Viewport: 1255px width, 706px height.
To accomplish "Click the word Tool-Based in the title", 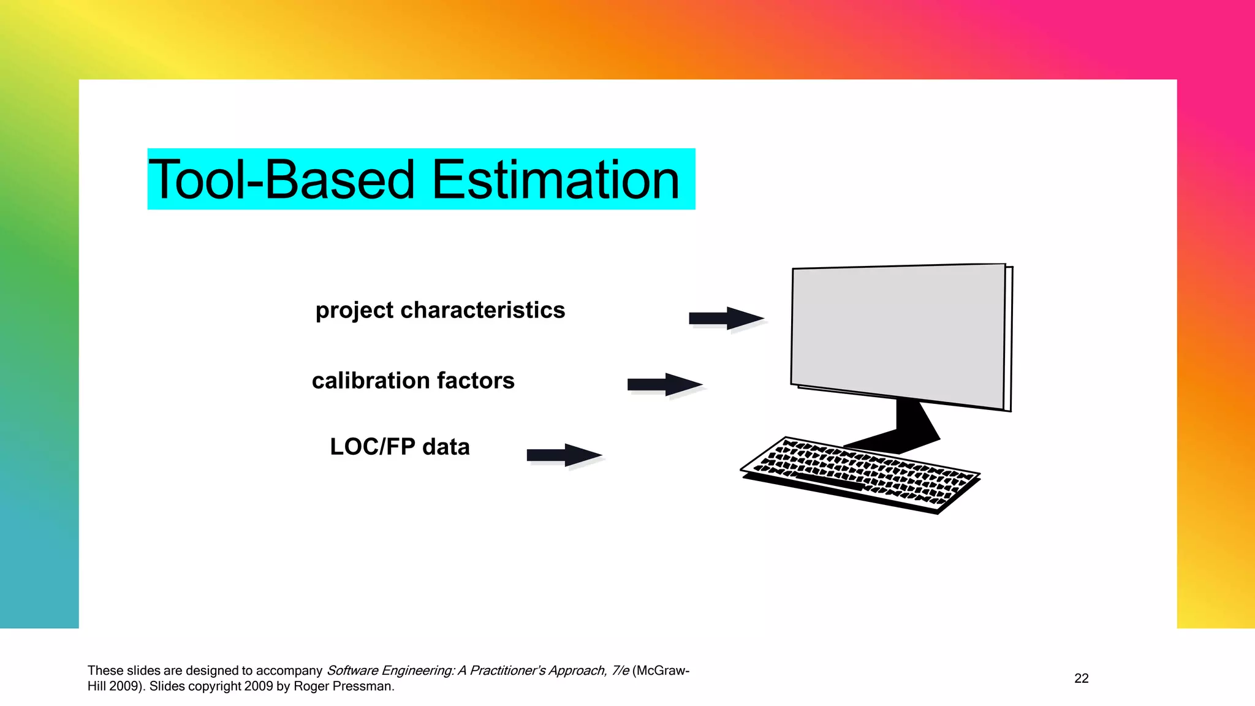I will [282, 180].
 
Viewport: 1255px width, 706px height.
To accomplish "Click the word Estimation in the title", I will [556, 180].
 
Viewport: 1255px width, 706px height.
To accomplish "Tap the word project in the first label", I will [354, 311].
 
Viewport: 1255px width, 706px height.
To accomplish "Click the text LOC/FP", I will [373, 447].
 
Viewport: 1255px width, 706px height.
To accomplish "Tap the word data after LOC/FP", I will [446, 447].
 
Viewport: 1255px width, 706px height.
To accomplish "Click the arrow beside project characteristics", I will [726, 319].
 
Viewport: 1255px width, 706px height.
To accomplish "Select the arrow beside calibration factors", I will [664, 385].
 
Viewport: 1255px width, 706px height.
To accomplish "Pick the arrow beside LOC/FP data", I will [564, 455].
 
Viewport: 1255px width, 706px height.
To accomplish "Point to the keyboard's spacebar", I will [831, 482].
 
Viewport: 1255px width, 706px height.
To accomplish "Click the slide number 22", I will [1081, 678].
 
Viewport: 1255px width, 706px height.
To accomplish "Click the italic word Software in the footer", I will [352, 670].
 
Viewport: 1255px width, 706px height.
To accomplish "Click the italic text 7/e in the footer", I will [620, 670].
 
